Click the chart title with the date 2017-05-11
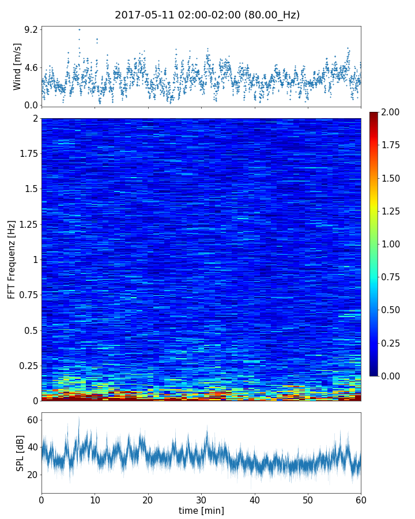[207, 15]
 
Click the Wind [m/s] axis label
[17, 66]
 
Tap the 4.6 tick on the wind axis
[31, 67]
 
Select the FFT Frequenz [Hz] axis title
[12, 259]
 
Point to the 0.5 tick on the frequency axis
[31, 330]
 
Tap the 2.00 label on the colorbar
[394, 112]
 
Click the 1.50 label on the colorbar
[394, 178]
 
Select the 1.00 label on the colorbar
[394, 244]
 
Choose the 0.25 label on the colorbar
[394, 343]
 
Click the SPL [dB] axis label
[20, 453]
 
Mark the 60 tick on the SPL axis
[32, 420]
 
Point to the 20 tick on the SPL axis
[32, 475]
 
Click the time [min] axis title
[201, 510]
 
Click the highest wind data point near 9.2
[80, 29]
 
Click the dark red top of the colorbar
[374, 115]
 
